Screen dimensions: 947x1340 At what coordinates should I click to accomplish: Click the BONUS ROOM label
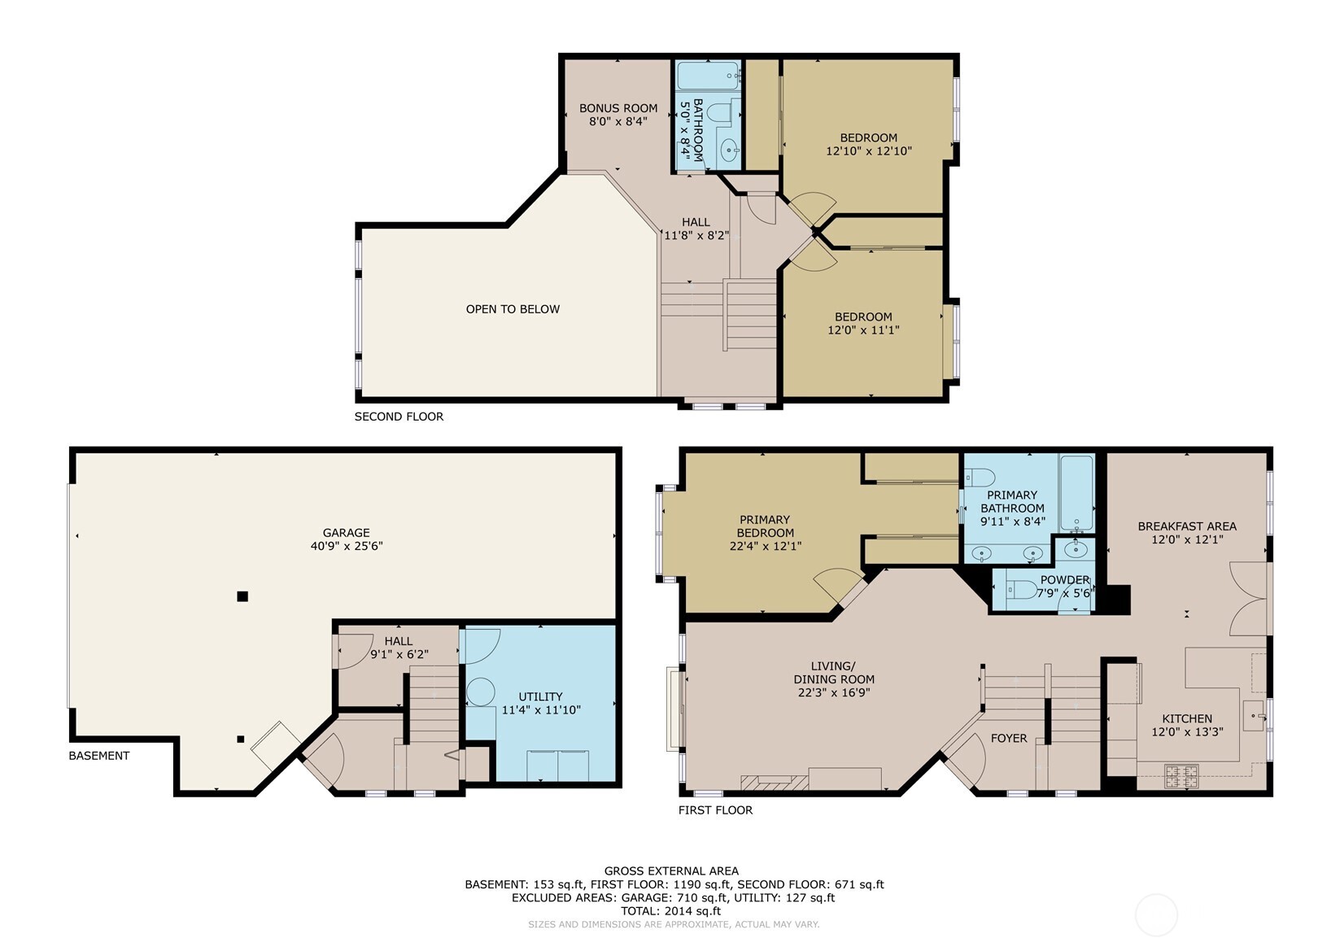[x=618, y=108]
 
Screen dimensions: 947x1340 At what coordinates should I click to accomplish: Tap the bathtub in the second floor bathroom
[x=708, y=76]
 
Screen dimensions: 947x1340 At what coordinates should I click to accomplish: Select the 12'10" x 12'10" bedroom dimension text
[x=868, y=151]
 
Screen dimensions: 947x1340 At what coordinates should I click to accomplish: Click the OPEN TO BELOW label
[x=513, y=309]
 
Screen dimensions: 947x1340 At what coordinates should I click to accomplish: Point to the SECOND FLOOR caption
[x=399, y=417]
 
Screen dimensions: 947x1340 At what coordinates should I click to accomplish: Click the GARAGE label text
[x=346, y=533]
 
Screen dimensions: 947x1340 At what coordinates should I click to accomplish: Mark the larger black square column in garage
[x=242, y=596]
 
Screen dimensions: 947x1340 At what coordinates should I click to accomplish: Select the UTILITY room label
[x=540, y=696]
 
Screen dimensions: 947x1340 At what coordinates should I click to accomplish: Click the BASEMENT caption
[x=98, y=756]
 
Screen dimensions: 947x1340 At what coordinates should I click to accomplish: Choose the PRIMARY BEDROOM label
[x=765, y=526]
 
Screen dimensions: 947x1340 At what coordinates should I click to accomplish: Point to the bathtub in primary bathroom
[x=1076, y=492]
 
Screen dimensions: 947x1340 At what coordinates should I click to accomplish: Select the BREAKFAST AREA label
[x=1186, y=526]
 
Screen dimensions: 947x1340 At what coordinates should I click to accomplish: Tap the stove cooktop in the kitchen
[x=1181, y=775]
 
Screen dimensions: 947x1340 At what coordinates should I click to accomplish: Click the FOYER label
[x=1008, y=739]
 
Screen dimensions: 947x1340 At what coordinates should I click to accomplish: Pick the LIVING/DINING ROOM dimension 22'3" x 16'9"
[x=834, y=693]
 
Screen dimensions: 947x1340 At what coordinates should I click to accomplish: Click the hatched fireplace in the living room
[x=774, y=783]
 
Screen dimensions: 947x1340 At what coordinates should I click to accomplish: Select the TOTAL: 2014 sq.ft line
[x=672, y=911]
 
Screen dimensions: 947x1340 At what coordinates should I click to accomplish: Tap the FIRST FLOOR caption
[x=715, y=810]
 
